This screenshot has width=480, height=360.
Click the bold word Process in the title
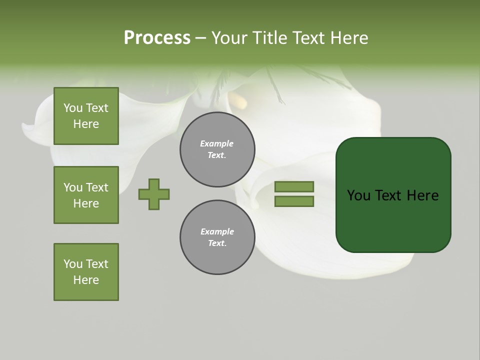[x=157, y=38]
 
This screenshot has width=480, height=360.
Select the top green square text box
[x=86, y=116]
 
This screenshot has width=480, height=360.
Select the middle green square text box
[x=86, y=195]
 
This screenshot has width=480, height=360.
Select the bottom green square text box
[x=86, y=272]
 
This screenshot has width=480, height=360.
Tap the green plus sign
[x=154, y=194]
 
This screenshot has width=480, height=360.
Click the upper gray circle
[x=217, y=149]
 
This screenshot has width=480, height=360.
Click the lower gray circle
[x=217, y=237]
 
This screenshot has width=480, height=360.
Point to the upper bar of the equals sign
[x=294, y=186]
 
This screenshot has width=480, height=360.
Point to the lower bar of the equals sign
[x=294, y=201]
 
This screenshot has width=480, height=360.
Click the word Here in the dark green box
[x=422, y=195]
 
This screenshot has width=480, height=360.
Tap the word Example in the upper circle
[x=217, y=143]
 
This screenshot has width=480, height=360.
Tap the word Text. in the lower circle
[x=217, y=243]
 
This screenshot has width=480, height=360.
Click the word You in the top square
[x=73, y=108]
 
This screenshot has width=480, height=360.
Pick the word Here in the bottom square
[x=86, y=280]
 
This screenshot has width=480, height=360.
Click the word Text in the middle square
[x=97, y=187]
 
